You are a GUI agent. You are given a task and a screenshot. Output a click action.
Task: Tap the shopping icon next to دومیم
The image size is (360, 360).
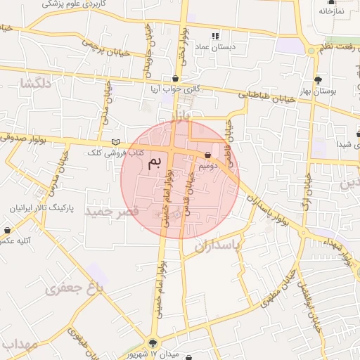pyautogui.click(x=208, y=155)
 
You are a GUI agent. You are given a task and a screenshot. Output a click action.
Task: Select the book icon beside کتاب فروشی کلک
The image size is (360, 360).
pyautogui.click(x=116, y=142)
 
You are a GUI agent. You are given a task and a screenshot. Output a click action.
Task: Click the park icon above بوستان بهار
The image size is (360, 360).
pyautogui.click(x=319, y=80)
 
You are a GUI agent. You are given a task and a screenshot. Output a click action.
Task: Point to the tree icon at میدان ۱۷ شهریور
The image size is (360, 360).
pyautogui.click(x=153, y=343)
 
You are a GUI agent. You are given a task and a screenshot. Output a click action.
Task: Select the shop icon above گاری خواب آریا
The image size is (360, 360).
pyautogui.click(x=174, y=78)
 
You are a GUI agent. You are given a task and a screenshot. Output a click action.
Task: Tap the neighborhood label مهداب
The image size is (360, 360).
pyautogui.click(x=19, y=345)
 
